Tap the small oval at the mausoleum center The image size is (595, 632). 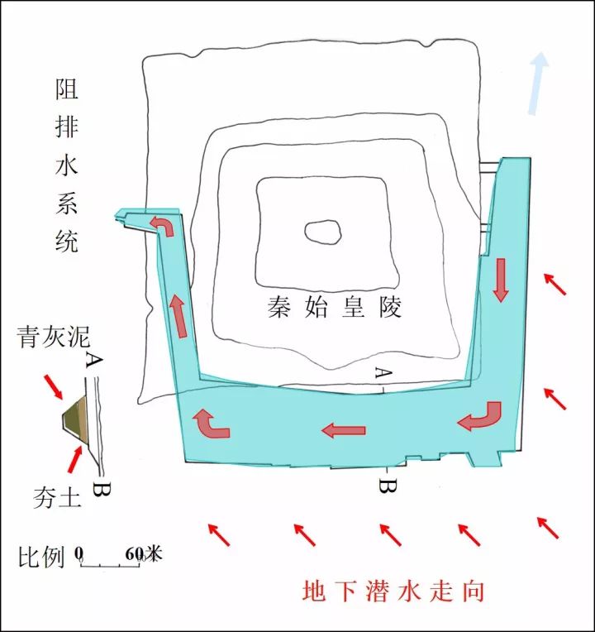(322, 232)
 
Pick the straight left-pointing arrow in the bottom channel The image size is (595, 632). (343, 429)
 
